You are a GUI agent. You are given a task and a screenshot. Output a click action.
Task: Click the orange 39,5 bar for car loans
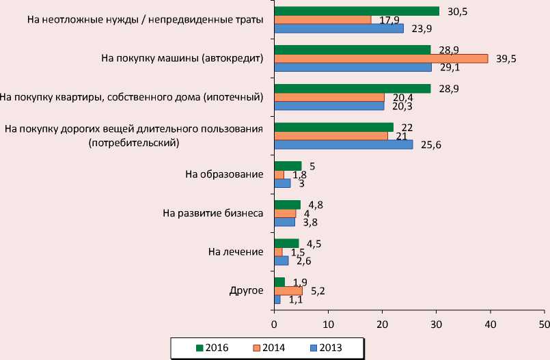(381, 59)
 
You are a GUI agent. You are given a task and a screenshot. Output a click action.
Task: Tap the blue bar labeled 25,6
(344, 145)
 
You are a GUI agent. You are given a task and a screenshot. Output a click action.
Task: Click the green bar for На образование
(287, 165)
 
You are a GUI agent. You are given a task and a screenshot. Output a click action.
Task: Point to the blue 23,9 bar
(338, 29)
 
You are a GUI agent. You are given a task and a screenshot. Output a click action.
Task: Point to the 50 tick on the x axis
(544, 322)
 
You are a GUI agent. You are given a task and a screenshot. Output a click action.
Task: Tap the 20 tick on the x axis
(382, 322)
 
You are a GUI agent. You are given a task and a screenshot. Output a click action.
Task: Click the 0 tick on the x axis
(274, 322)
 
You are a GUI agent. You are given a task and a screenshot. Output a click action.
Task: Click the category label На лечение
(236, 252)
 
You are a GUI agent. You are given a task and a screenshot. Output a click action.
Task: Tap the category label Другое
(246, 291)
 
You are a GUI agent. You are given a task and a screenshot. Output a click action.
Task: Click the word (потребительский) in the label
(134, 142)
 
